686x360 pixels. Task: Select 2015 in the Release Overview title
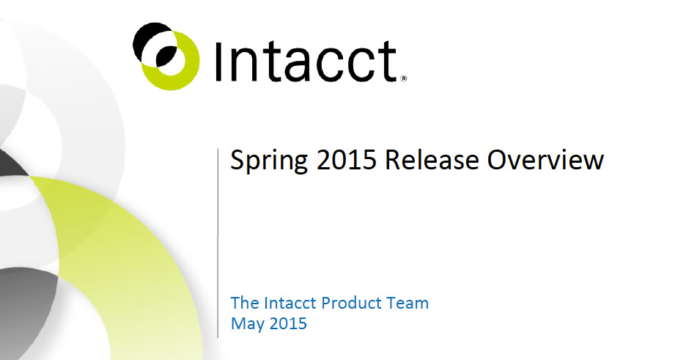pyautogui.click(x=347, y=160)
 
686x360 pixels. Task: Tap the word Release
pyautogui.click(x=432, y=160)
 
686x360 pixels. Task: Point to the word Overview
pyautogui.click(x=545, y=160)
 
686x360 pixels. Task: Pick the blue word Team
pyautogui.click(x=407, y=303)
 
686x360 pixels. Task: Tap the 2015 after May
pyautogui.click(x=288, y=323)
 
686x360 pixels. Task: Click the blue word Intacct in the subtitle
pyautogui.click(x=290, y=303)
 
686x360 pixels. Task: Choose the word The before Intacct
pyautogui.click(x=245, y=303)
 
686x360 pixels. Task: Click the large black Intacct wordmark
pyautogui.click(x=306, y=62)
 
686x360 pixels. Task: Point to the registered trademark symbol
pyautogui.click(x=404, y=78)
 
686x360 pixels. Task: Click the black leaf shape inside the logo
pyautogui.click(x=166, y=55)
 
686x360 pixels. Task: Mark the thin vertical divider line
pyautogui.click(x=218, y=243)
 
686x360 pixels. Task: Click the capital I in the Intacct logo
pyautogui.click(x=219, y=62)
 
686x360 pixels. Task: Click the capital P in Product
pyautogui.click(x=325, y=303)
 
